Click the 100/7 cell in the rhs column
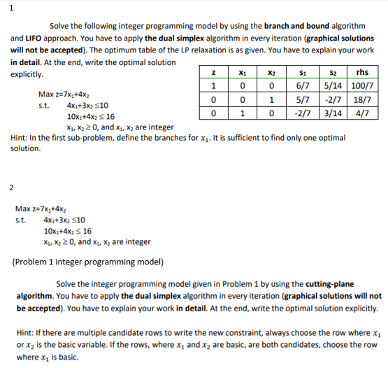pyautogui.click(x=362, y=85)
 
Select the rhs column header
pyautogui.click(x=362, y=72)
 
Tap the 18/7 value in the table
pyautogui.click(x=362, y=99)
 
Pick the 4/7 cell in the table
pyautogui.click(x=362, y=112)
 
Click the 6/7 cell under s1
pyautogui.click(x=303, y=85)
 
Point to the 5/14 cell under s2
pyautogui.click(x=332, y=85)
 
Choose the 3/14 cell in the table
pyautogui.click(x=332, y=112)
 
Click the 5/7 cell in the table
pyautogui.click(x=303, y=99)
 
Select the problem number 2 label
pyautogui.click(x=10, y=186)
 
